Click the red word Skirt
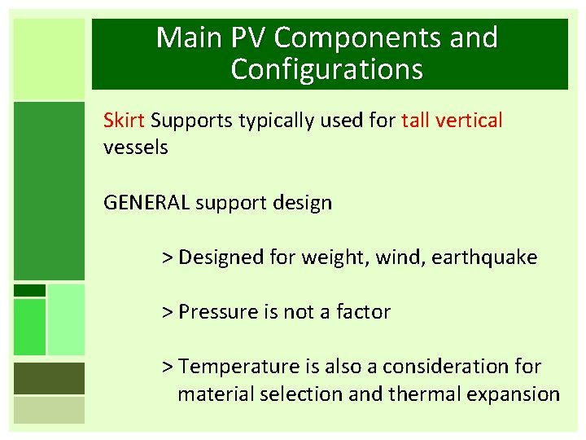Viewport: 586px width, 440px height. coord(124,121)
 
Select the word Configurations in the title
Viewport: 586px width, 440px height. coord(327,70)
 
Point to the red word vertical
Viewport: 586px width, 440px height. coord(470,121)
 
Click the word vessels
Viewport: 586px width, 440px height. coord(136,147)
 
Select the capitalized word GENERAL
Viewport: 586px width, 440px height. coord(146,203)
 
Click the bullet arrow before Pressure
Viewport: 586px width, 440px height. coord(167,312)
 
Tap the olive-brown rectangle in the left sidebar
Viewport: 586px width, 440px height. coord(49,378)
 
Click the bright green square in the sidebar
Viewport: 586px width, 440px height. coord(29,327)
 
